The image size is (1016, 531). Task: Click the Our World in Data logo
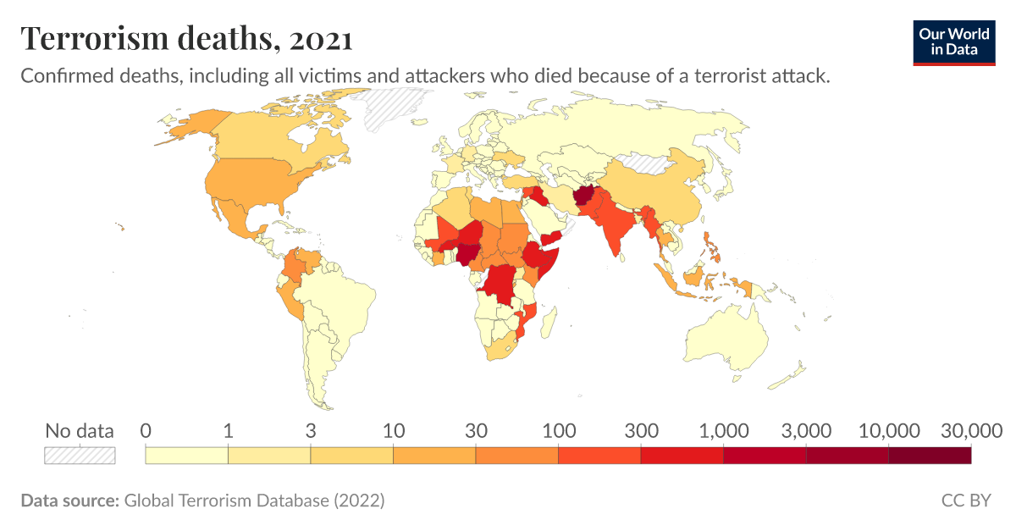953,41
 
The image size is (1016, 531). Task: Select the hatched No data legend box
80,455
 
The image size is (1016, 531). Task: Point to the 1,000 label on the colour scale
723,430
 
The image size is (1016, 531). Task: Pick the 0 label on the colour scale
146,430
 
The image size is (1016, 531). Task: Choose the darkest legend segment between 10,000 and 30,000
929,455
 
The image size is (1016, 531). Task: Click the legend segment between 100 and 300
599,455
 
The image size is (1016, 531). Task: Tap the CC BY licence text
965,501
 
